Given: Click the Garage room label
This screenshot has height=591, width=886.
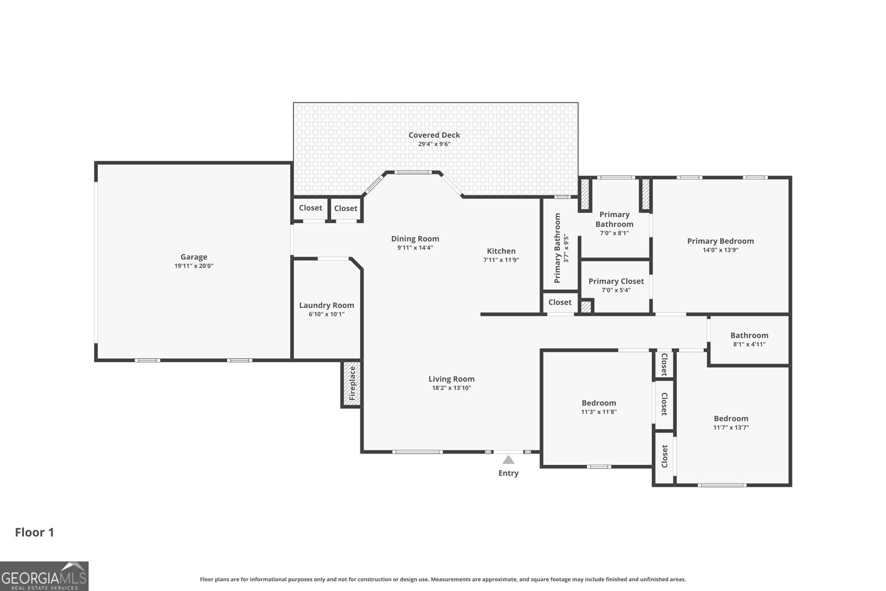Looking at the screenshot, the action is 194,257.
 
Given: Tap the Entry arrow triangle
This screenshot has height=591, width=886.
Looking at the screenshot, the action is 508,460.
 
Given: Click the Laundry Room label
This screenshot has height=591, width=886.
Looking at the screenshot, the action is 326,305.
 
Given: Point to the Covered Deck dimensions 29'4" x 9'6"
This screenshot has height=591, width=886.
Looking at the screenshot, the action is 434,144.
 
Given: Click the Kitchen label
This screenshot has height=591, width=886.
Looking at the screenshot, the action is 501,251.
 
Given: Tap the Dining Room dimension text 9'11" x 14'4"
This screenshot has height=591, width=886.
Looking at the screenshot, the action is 415,248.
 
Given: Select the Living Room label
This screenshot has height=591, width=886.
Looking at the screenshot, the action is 451,379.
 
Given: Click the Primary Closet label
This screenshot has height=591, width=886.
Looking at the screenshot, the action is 616,281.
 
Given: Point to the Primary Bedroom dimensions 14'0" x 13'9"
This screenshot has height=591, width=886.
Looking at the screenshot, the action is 720,250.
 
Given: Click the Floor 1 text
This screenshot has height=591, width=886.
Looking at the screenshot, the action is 34,532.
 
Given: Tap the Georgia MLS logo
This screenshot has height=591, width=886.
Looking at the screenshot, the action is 44,577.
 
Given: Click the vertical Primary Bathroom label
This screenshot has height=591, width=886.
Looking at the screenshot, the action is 557,248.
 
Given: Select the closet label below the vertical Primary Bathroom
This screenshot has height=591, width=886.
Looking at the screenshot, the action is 560,302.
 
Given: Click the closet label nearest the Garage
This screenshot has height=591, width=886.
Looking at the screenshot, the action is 311,208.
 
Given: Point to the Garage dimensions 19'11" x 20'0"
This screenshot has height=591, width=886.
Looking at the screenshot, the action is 194,266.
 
